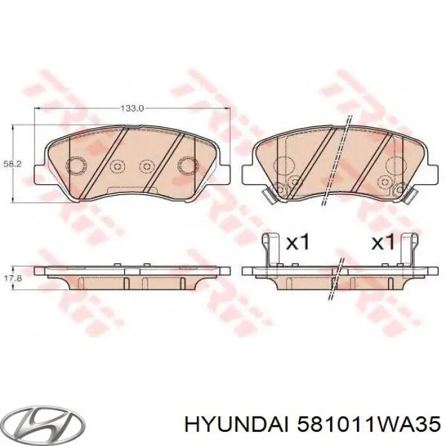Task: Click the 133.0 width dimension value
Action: click(x=132, y=109)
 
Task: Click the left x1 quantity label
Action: click(x=298, y=242)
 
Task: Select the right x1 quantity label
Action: click(x=384, y=242)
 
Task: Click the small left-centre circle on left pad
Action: click(x=117, y=166)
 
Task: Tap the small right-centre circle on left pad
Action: click(x=148, y=166)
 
